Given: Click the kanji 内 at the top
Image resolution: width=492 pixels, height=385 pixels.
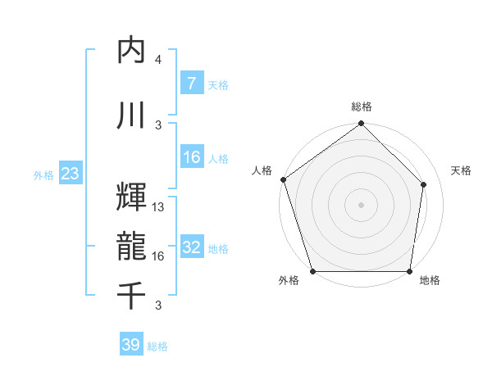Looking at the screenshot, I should pyautogui.click(x=131, y=51).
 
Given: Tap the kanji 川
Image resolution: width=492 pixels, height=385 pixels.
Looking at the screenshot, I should pyautogui.click(x=131, y=115).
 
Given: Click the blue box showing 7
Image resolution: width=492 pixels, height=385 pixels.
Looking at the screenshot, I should pyautogui.click(x=191, y=84).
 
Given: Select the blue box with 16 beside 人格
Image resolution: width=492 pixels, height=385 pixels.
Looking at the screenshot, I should pyautogui.click(x=191, y=157).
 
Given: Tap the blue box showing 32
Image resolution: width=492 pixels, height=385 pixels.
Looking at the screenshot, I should pyautogui.click(x=191, y=247).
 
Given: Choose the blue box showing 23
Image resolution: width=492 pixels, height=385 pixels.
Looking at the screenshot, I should pyautogui.click(x=70, y=174).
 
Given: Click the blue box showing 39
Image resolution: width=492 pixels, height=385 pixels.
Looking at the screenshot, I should pyautogui.click(x=131, y=345).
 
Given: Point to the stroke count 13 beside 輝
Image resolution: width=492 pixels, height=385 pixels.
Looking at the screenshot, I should pyautogui.click(x=158, y=207).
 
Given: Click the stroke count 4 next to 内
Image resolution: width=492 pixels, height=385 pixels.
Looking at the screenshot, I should pyautogui.click(x=158, y=60).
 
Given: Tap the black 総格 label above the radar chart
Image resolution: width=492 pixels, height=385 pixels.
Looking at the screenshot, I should pyautogui.click(x=362, y=106).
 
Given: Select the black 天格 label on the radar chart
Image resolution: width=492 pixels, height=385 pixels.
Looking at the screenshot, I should pyautogui.click(x=462, y=170).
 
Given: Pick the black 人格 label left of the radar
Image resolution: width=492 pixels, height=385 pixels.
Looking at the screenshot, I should pyautogui.click(x=262, y=170).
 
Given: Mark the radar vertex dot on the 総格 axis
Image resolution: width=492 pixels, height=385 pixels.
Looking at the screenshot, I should pyautogui.click(x=362, y=125).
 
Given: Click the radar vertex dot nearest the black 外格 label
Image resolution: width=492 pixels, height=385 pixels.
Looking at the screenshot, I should pyautogui.click(x=312, y=271).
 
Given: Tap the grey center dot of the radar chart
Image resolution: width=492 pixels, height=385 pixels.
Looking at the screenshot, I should pyautogui.click(x=362, y=204).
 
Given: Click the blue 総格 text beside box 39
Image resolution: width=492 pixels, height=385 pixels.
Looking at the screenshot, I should pyautogui.click(x=157, y=346).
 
